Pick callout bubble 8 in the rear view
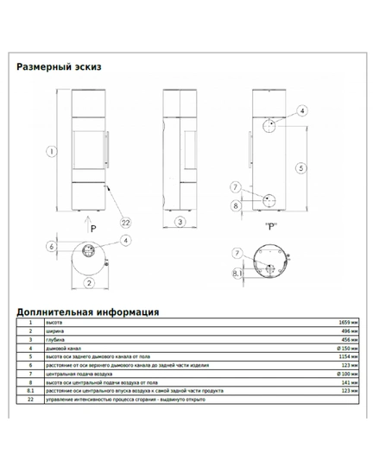[236, 205]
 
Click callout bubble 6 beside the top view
[52, 247]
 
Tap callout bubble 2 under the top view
[87, 282]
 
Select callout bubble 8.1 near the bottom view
[237, 274]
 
